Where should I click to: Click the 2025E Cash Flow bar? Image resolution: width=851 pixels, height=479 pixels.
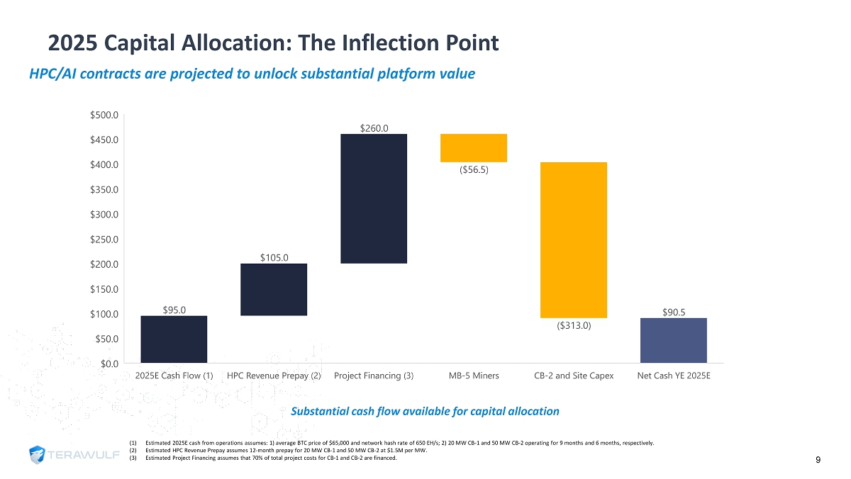[174, 339]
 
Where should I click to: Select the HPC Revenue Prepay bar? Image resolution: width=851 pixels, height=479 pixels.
[274, 289]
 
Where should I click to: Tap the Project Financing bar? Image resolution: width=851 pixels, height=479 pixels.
[374, 198]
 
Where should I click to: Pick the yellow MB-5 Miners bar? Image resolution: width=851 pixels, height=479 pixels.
[474, 148]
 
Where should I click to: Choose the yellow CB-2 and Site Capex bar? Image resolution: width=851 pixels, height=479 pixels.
[573, 240]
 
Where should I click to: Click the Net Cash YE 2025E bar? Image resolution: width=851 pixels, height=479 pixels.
[673, 340]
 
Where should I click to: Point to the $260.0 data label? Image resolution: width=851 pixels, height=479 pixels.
[374, 128]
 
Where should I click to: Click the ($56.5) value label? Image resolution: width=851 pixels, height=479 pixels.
[474, 170]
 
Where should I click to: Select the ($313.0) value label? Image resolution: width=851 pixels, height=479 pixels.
[573, 326]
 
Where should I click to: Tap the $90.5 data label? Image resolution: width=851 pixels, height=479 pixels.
[673, 312]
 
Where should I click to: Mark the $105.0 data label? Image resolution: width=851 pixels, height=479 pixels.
[274, 257]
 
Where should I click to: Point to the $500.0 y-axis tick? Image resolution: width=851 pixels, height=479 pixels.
[103, 115]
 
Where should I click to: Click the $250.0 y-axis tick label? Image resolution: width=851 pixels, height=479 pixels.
[103, 239]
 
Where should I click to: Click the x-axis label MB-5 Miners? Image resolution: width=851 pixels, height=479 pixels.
[474, 376]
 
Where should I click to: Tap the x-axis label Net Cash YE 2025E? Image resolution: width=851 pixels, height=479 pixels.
[673, 376]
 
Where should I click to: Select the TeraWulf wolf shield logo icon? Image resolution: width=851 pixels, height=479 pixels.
[40, 455]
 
